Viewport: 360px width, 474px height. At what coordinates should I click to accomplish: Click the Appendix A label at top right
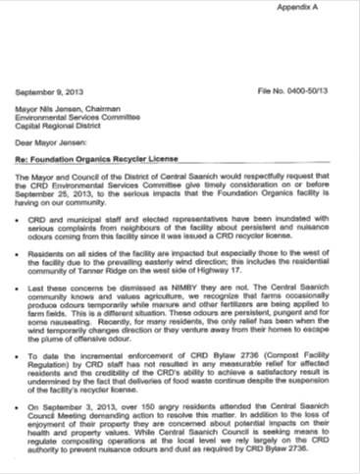pos(320,8)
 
